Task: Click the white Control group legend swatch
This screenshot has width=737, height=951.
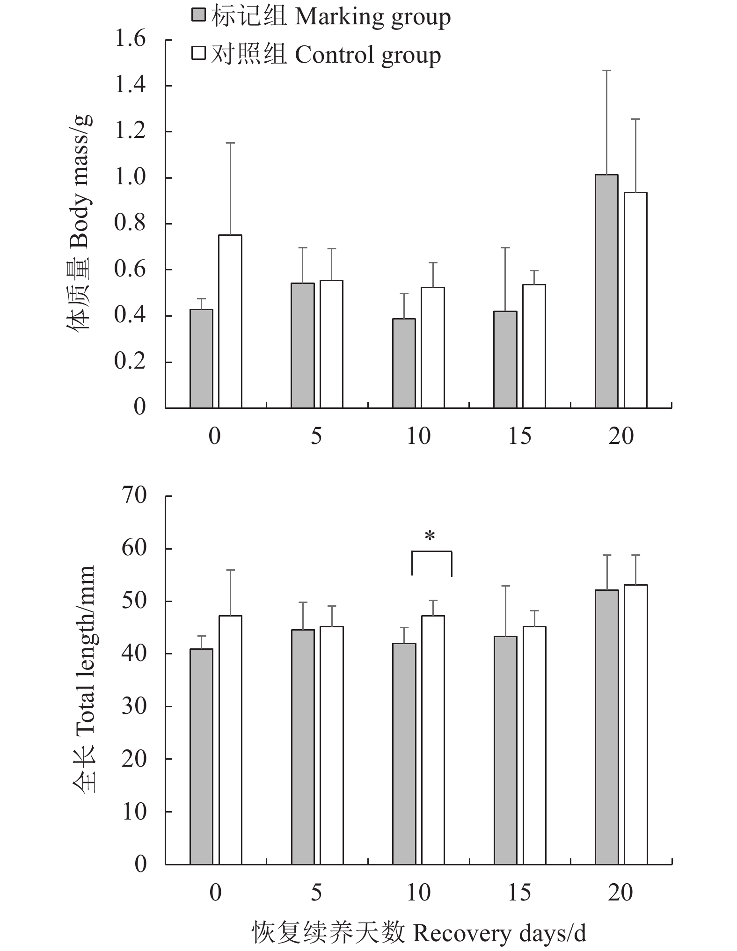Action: [199, 53]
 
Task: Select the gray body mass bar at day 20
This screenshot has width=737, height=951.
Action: [606, 291]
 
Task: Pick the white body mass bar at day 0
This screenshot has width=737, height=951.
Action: [230, 321]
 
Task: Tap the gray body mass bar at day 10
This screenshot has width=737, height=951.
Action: [404, 363]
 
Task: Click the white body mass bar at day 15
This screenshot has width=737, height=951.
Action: [534, 346]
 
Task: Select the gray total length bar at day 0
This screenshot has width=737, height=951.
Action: [201, 756]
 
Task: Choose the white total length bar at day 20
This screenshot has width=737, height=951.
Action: [635, 724]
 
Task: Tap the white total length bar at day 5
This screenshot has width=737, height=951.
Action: [331, 745]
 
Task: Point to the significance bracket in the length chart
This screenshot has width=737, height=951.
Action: [431, 552]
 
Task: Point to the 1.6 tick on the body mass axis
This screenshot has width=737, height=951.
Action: [130, 39]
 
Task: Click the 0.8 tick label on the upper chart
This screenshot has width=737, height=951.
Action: [130, 224]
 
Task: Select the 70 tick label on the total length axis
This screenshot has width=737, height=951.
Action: [134, 496]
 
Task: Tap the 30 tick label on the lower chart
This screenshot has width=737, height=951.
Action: [134, 706]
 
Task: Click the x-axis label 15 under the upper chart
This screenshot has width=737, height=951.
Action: [519, 436]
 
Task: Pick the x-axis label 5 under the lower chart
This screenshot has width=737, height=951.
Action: [316, 893]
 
